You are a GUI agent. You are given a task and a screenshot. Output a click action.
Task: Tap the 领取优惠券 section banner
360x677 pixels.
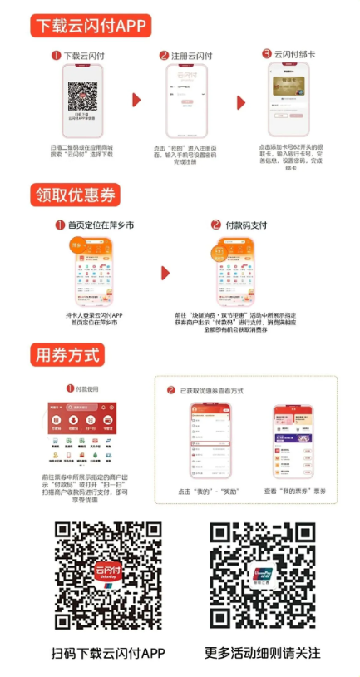(x=75, y=195)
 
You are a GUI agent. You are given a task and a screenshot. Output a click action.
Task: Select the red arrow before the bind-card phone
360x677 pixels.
(x=241, y=102)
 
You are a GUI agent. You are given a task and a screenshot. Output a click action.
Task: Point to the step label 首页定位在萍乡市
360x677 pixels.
(x=96, y=225)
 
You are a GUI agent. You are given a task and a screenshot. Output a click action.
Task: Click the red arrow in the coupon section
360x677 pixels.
(x=165, y=273)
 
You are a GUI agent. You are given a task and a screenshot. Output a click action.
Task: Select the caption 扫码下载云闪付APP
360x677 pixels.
(x=108, y=653)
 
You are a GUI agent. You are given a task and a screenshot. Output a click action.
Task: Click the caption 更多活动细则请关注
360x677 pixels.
(x=263, y=653)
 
